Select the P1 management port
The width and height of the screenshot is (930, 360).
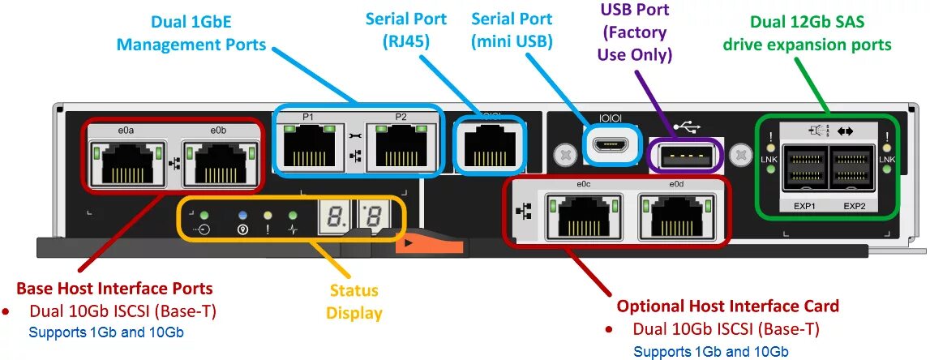(308, 147)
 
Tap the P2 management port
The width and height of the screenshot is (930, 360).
(401, 147)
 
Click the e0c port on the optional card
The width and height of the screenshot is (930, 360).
(584, 216)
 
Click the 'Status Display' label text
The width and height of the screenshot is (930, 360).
(354, 301)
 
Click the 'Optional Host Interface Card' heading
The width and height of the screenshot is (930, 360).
(727, 306)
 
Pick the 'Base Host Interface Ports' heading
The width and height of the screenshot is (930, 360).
(114, 288)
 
